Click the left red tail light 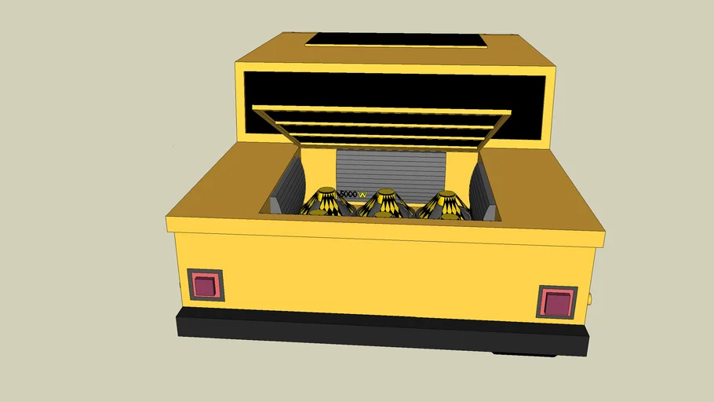coord(206,285)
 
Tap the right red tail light coord(557,301)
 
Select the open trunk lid coord(381,126)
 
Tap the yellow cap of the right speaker coord(446,193)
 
